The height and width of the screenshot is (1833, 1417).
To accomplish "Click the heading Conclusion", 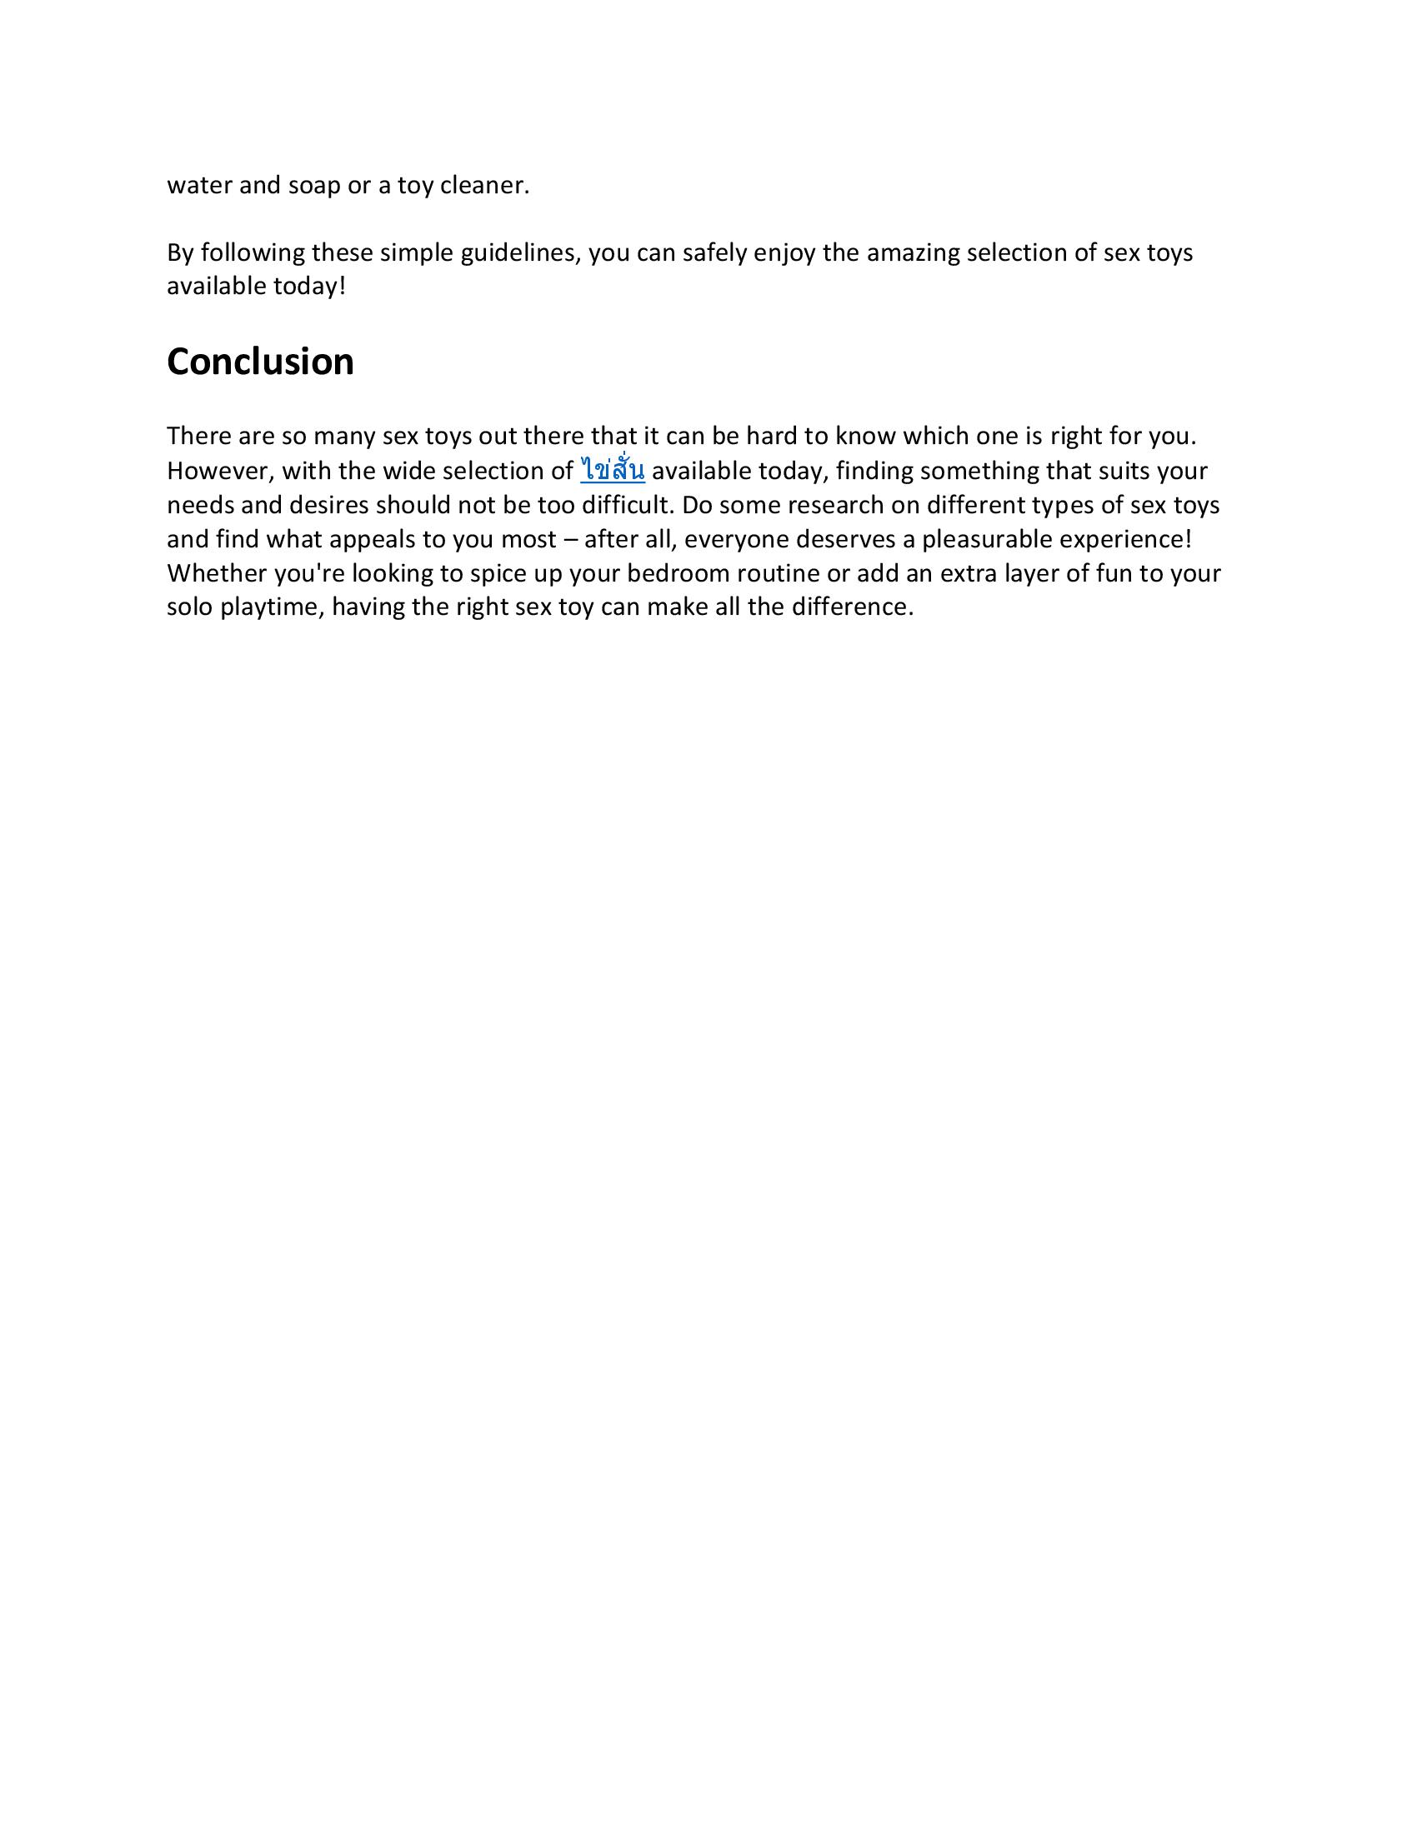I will point(260,362).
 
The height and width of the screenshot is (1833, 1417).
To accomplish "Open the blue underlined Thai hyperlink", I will point(612,471).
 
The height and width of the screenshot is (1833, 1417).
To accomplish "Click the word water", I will point(200,186).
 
